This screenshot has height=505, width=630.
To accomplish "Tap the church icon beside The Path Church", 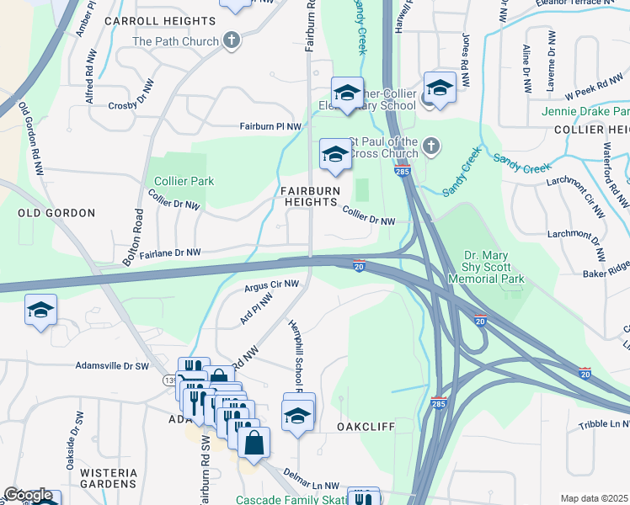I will click(x=231, y=40).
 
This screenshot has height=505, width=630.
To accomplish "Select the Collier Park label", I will click(x=184, y=181).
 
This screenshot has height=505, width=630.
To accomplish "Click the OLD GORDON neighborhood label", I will click(x=56, y=214).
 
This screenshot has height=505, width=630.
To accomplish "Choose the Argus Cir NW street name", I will click(x=272, y=286).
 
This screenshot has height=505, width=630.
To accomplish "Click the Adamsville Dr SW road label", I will click(x=112, y=366).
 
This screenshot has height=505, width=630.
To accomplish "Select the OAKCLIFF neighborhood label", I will click(x=366, y=427).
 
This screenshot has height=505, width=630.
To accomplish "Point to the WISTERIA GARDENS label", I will click(x=108, y=478).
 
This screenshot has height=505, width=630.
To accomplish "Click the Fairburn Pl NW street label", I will click(x=270, y=126).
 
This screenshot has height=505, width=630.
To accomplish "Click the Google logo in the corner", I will click(x=28, y=495).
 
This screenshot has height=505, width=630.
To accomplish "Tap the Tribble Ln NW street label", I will click(x=604, y=425).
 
